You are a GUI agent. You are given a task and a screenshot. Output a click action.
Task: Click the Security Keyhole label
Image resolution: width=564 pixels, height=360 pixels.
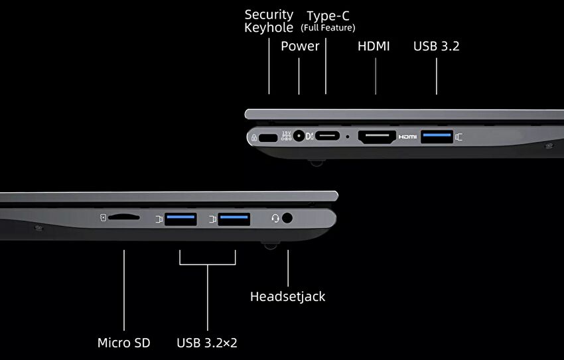(269, 21)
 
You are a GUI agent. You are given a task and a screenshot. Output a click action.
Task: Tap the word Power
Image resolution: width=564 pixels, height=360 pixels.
(300, 46)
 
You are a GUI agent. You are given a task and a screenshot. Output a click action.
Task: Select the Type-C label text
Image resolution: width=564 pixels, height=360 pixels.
(328, 16)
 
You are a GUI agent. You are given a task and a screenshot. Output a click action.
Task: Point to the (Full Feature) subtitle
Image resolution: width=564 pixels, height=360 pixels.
(328, 28)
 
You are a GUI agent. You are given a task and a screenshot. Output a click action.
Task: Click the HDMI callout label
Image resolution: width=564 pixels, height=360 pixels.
(374, 46)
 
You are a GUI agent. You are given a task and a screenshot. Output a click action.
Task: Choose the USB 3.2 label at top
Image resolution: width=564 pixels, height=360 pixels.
(437, 46)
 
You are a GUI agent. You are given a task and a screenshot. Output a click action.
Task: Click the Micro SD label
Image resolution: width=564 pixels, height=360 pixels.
(123, 343)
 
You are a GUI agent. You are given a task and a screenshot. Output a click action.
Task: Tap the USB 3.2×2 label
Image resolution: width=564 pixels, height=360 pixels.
(207, 343)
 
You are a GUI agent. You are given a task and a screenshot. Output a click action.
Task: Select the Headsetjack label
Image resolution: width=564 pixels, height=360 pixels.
(288, 296)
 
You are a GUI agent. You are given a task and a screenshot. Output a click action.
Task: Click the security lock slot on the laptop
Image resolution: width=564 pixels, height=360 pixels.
(268, 138)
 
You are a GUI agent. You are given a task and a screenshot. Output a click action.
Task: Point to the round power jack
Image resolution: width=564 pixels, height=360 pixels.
(299, 136)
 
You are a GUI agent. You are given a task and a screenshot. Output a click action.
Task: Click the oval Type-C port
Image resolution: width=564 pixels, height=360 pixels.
(327, 136)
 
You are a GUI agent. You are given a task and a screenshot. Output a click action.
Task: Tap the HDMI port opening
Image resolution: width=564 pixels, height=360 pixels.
(377, 137)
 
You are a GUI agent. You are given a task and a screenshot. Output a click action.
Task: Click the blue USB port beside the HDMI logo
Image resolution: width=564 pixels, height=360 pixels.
(437, 137)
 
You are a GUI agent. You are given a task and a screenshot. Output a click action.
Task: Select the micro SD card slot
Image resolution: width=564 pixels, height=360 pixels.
(123, 217)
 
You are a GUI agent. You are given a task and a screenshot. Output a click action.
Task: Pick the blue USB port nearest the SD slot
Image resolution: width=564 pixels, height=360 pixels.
(180, 219)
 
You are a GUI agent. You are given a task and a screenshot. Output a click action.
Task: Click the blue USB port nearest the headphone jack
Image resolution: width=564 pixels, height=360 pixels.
(234, 219)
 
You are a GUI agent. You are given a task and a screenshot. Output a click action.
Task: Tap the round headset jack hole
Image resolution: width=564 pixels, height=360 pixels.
(287, 218)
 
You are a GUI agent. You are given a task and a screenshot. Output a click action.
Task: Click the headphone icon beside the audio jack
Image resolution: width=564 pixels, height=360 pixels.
(275, 218)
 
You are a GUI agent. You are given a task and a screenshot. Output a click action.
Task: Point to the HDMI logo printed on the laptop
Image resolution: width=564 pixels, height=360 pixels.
(407, 137)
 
